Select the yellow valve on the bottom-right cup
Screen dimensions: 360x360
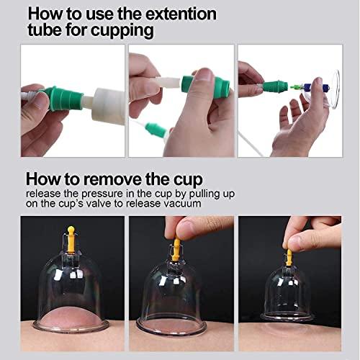pyautogui.click(x=289, y=257)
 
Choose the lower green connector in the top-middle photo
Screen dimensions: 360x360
pyautogui.click(x=155, y=131)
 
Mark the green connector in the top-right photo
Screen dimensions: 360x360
pyautogui.click(x=275, y=88)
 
